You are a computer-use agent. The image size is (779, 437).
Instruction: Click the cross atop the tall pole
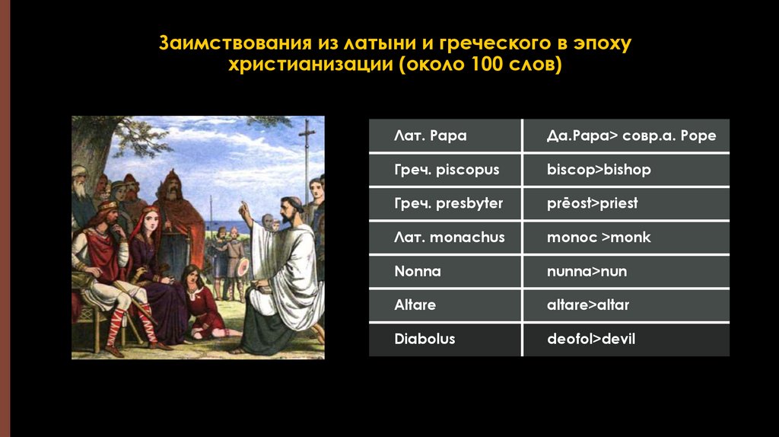point(307,130)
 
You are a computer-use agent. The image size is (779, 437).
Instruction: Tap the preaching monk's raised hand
point(243,207)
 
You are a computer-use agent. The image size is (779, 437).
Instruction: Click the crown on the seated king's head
point(107,206)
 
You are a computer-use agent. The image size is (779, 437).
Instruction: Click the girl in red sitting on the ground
point(202,305)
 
